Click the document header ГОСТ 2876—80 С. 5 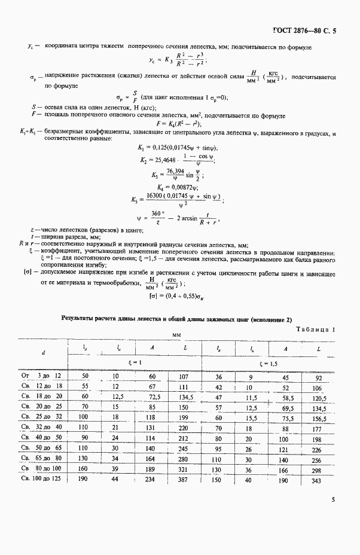(304, 30)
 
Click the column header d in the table (43, 353)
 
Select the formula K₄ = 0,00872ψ (169, 187)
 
